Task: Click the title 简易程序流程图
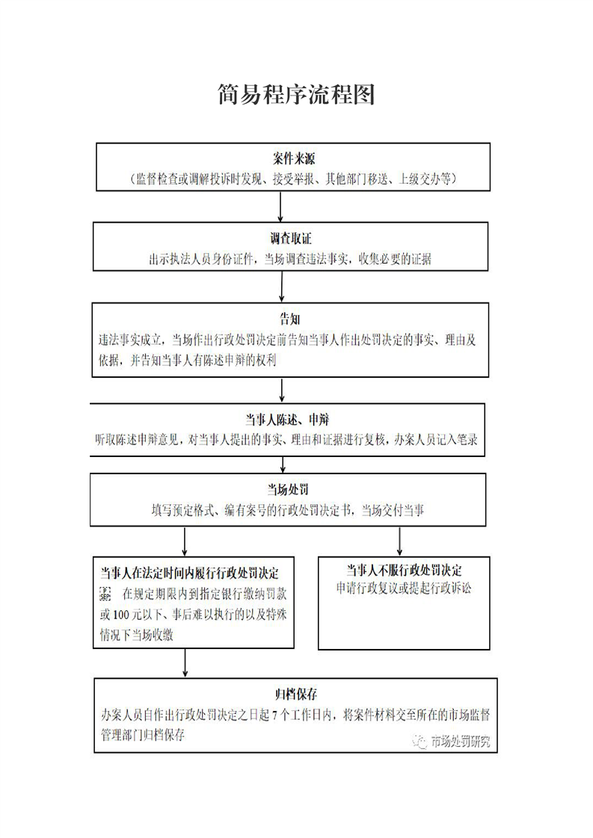tap(296, 95)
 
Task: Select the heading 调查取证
tap(291, 239)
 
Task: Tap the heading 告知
tap(291, 319)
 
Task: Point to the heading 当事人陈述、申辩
tap(288, 419)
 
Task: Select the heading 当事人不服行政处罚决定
tap(404, 570)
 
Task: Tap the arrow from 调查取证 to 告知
tap(281, 286)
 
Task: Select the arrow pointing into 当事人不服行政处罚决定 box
tap(400, 541)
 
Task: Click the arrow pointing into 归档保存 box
tap(185, 662)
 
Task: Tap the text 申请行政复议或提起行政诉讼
tap(404, 588)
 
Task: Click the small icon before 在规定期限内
tap(105, 593)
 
